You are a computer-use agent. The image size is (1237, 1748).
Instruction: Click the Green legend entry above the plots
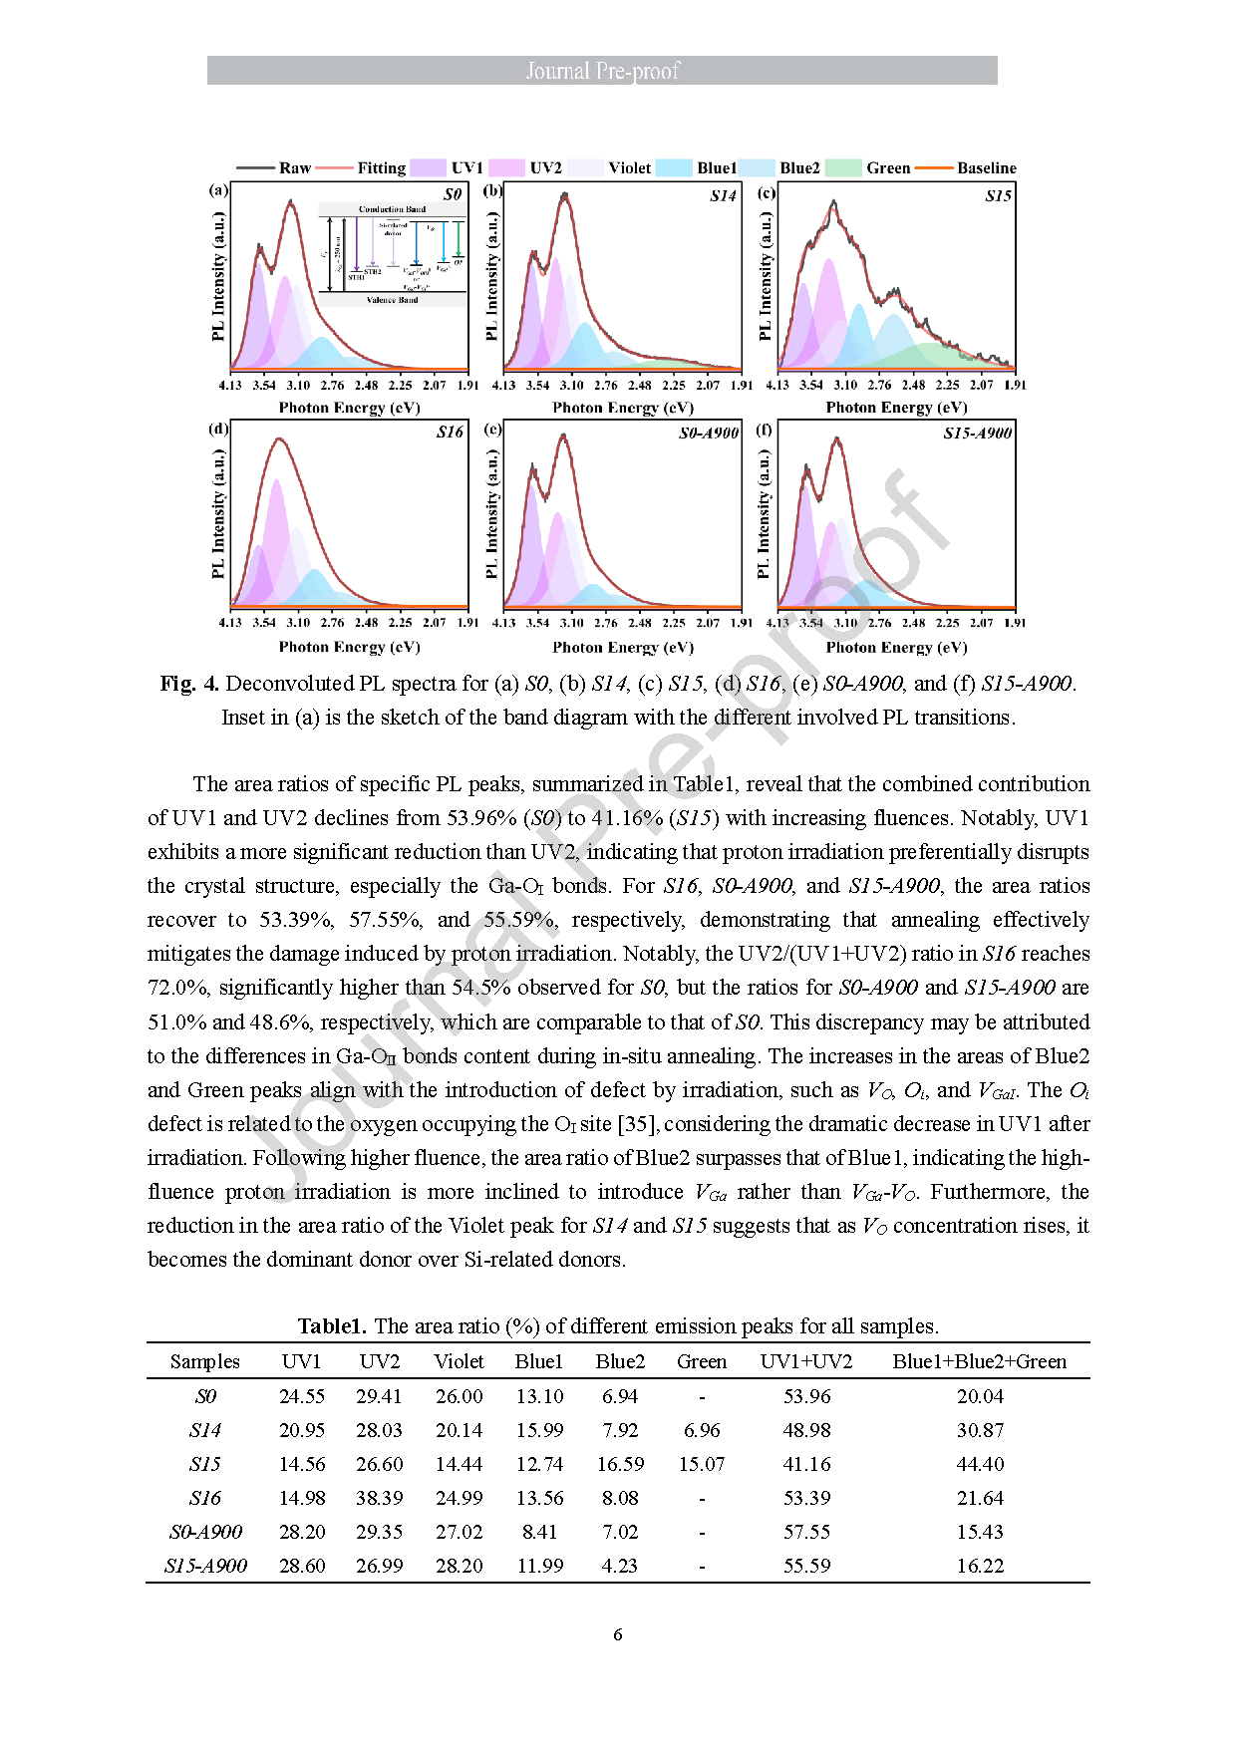[x=887, y=168]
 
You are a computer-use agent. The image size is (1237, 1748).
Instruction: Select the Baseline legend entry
[x=986, y=168]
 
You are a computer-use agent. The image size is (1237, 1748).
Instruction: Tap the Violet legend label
[x=629, y=168]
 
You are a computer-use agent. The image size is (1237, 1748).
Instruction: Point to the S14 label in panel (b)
[x=723, y=196]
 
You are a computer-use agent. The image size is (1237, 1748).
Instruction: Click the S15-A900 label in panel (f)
[x=977, y=434]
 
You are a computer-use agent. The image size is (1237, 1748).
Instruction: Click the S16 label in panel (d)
[x=450, y=433]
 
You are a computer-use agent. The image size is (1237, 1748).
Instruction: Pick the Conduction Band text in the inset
[x=392, y=209]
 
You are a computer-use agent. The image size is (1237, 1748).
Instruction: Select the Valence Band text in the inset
[x=392, y=300]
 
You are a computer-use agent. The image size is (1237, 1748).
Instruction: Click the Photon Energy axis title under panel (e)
[x=623, y=648]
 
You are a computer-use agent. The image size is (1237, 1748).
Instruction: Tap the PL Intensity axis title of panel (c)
[x=765, y=276]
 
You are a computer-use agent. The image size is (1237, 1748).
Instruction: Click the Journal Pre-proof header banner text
[x=602, y=71]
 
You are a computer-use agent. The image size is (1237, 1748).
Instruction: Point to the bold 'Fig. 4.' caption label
[x=189, y=684]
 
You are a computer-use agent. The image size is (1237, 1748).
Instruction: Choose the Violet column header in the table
[x=459, y=1361]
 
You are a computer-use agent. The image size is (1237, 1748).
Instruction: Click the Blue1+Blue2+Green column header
[x=979, y=1361]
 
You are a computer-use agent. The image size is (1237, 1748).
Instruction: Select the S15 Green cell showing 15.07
[x=702, y=1464]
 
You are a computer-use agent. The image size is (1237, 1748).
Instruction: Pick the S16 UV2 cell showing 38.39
[x=379, y=1498]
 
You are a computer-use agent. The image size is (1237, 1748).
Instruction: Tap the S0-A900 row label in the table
[x=205, y=1532]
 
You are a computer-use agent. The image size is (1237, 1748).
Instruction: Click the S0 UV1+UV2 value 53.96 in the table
[x=806, y=1396]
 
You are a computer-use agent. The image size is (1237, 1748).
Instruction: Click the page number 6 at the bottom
[x=618, y=1634]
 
